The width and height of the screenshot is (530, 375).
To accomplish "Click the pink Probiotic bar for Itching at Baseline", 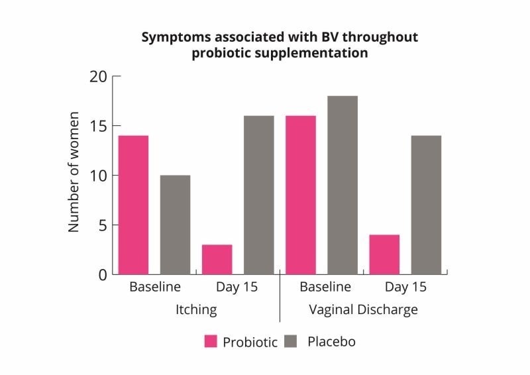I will coord(133,205).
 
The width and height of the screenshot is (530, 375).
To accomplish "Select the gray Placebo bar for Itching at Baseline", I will coord(175,225).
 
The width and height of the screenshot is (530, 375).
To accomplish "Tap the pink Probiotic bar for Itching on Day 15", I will coord(217,259).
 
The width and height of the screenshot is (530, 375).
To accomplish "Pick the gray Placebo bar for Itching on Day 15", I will coord(258,195).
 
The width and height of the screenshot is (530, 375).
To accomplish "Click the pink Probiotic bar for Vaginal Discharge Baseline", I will coord(300,195).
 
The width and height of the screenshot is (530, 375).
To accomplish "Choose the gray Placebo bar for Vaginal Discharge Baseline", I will coord(343,185).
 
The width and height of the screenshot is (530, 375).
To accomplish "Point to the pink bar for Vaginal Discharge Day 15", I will coord(384,254).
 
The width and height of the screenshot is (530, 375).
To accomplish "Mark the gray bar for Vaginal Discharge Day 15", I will coord(426,205).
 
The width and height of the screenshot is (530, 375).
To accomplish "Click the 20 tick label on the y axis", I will coord(98,76).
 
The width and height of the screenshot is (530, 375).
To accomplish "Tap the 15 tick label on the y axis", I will coord(98,126).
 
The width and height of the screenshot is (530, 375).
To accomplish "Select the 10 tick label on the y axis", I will coord(98,176).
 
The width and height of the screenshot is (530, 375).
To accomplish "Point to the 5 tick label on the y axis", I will coord(102,225).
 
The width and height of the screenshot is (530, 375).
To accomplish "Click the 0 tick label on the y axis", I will coord(102,274).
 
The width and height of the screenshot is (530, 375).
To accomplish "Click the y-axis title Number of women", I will coord(74,173).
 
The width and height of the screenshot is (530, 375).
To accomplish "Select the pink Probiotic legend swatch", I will coord(211,342).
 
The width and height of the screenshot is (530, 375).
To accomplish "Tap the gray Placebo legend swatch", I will coord(292,342).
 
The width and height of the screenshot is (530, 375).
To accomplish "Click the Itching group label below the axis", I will coord(196,309).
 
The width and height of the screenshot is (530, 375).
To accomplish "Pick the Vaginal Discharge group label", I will coord(364,309).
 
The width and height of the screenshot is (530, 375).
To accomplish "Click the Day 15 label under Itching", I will coord(237,288).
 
